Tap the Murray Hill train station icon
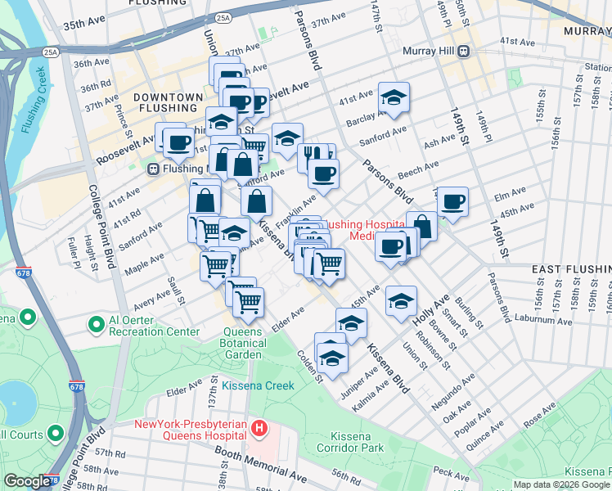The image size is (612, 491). (462, 51)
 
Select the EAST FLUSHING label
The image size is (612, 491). (570, 269)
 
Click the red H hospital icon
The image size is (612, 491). (259, 427)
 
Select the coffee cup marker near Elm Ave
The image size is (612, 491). (452, 200)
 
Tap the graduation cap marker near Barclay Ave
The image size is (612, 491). (394, 97)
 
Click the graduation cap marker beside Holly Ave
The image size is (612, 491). (401, 300)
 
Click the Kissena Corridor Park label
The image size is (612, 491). (356, 442)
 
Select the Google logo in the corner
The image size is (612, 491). (27, 481)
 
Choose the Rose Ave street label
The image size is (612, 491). (538, 419)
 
